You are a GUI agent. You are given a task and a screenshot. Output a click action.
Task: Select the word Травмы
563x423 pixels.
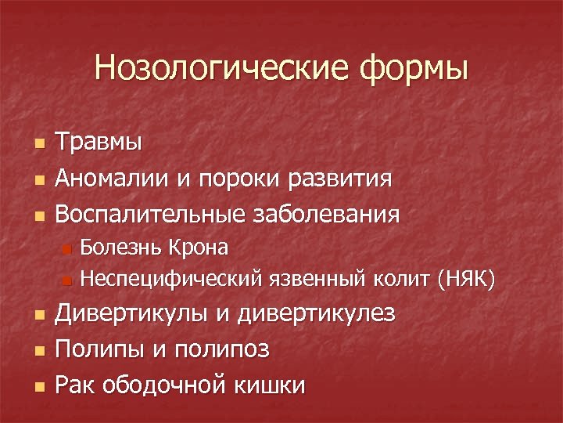pos(99,143)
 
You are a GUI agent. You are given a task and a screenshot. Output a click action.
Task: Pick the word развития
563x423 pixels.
pos(343,179)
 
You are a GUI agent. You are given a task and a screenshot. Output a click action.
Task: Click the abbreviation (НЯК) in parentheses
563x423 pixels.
pos(466,278)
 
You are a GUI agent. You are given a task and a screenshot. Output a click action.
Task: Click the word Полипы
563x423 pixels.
pos(102,350)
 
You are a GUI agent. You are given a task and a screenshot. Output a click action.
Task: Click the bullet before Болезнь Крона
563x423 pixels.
pos(67,250)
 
